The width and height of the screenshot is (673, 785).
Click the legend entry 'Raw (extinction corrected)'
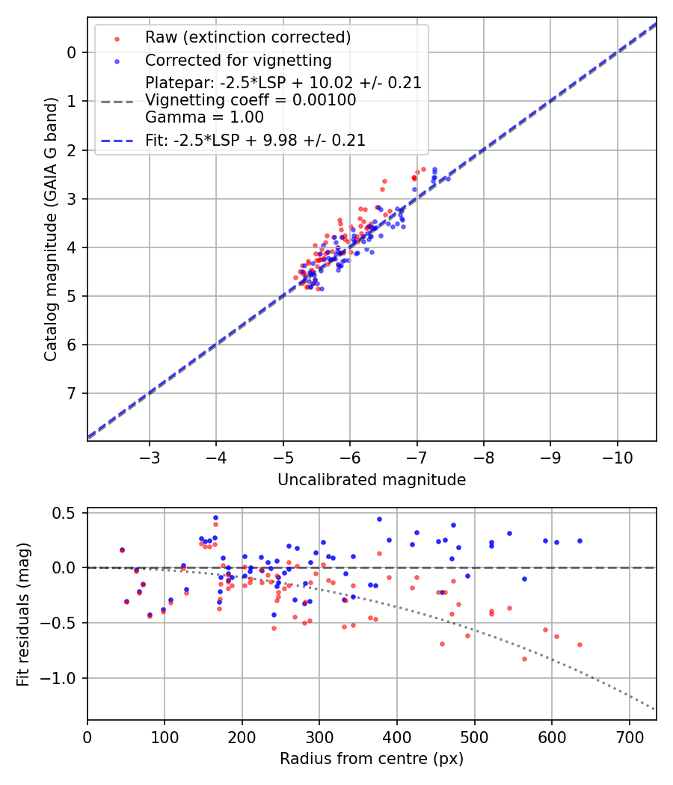click(x=248, y=37)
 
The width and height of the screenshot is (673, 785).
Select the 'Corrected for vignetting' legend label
click(x=238, y=60)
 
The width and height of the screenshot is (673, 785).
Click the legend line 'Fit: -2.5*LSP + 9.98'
click(x=255, y=141)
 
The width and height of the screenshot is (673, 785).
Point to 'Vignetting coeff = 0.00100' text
click(x=251, y=100)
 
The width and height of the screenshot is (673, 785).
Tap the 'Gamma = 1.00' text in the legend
click(x=204, y=117)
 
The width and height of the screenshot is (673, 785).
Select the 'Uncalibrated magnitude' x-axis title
click(x=372, y=480)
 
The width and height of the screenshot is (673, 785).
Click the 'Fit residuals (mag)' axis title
click(x=24, y=615)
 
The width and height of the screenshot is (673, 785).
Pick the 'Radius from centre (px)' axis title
click(x=372, y=759)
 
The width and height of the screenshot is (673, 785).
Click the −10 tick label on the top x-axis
click(x=617, y=457)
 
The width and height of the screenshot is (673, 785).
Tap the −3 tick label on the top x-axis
click(x=150, y=457)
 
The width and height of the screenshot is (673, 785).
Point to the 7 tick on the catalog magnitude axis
click(x=73, y=393)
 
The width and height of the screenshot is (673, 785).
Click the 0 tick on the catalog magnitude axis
click(x=73, y=52)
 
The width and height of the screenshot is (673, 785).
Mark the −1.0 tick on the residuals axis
click(x=63, y=678)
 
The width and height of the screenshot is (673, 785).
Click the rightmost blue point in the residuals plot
click(x=579, y=541)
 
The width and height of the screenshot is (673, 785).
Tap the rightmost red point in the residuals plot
click(x=579, y=644)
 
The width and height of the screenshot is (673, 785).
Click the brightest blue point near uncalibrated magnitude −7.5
click(x=448, y=179)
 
